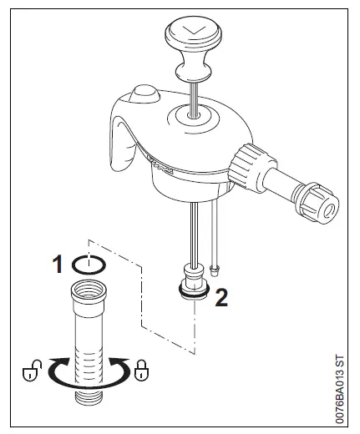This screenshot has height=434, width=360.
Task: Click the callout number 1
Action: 58,265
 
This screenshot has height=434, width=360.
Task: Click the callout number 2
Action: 221,298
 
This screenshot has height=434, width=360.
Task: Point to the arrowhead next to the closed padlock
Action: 117,365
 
